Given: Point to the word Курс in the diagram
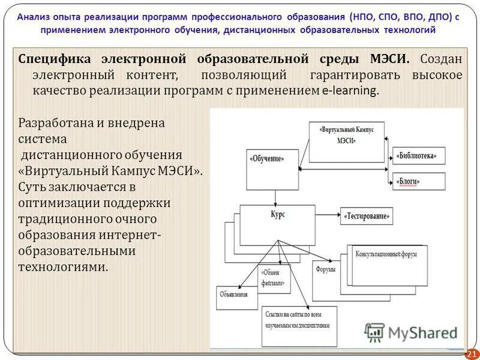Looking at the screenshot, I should (277, 214).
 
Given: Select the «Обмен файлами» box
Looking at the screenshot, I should (274, 277).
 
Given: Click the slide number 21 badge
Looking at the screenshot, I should (471, 353).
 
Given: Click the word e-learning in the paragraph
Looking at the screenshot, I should (351, 91).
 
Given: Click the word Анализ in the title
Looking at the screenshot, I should (34, 17).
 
